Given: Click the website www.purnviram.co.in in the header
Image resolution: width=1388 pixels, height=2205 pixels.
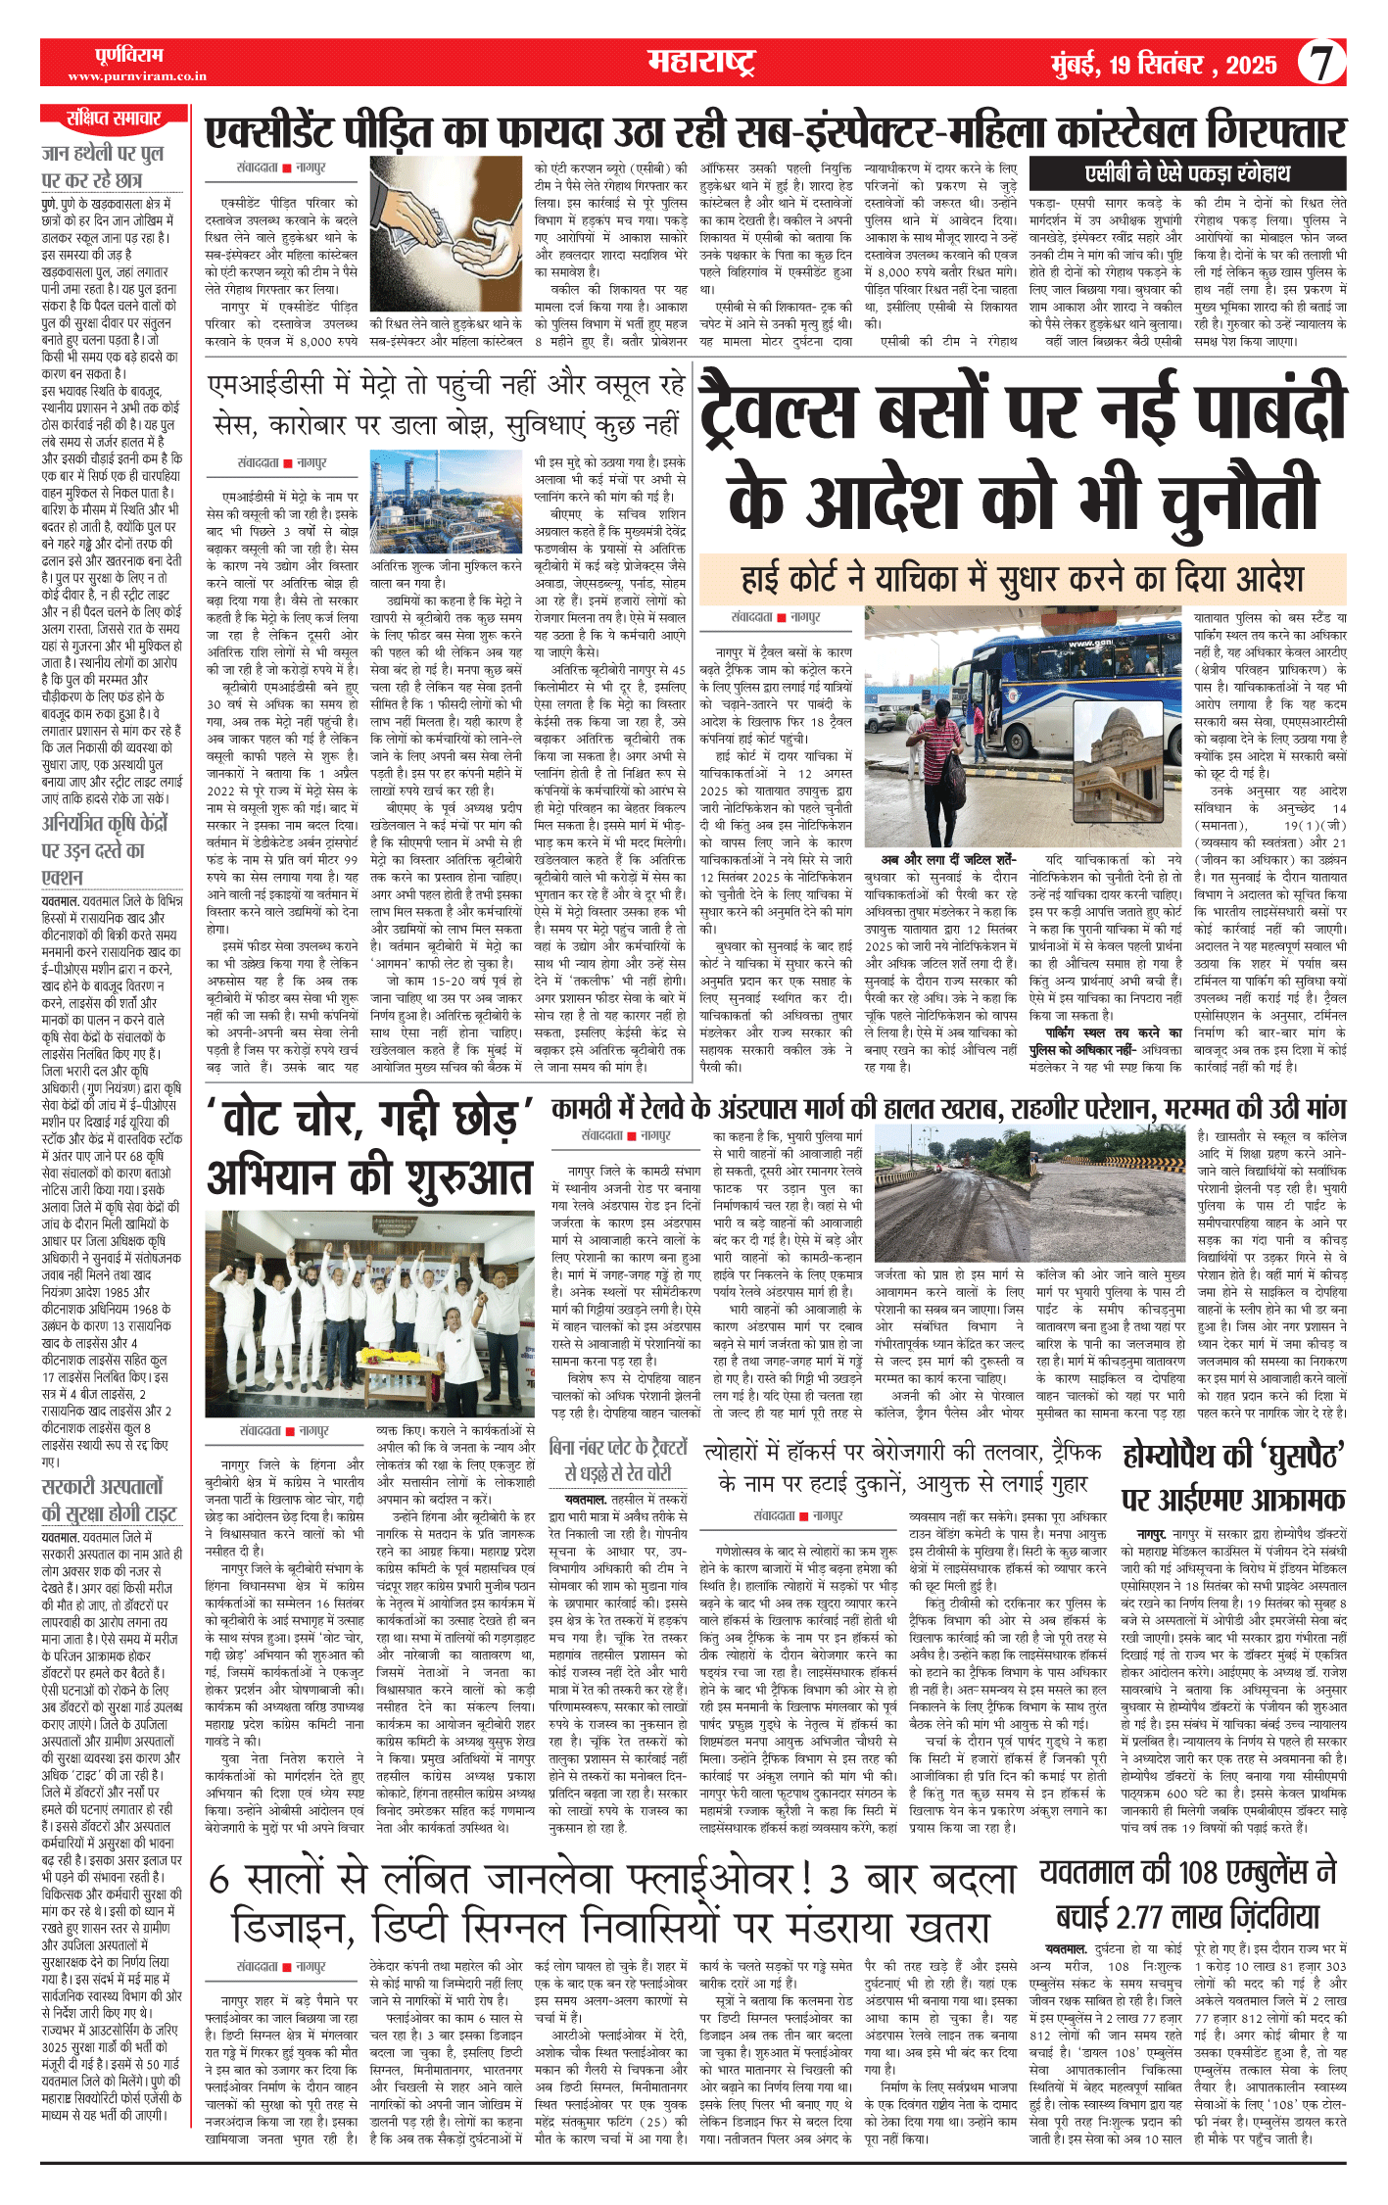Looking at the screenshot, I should (137, 76).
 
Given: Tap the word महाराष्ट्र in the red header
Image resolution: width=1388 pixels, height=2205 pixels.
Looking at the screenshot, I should (700, 63).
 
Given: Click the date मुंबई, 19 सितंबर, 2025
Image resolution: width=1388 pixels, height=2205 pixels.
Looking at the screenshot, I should (1164, 66).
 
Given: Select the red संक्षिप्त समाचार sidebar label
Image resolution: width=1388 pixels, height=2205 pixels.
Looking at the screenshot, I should (114, 119).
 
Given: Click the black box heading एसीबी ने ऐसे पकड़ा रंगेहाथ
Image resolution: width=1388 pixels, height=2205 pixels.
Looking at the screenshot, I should (1187, 174).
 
